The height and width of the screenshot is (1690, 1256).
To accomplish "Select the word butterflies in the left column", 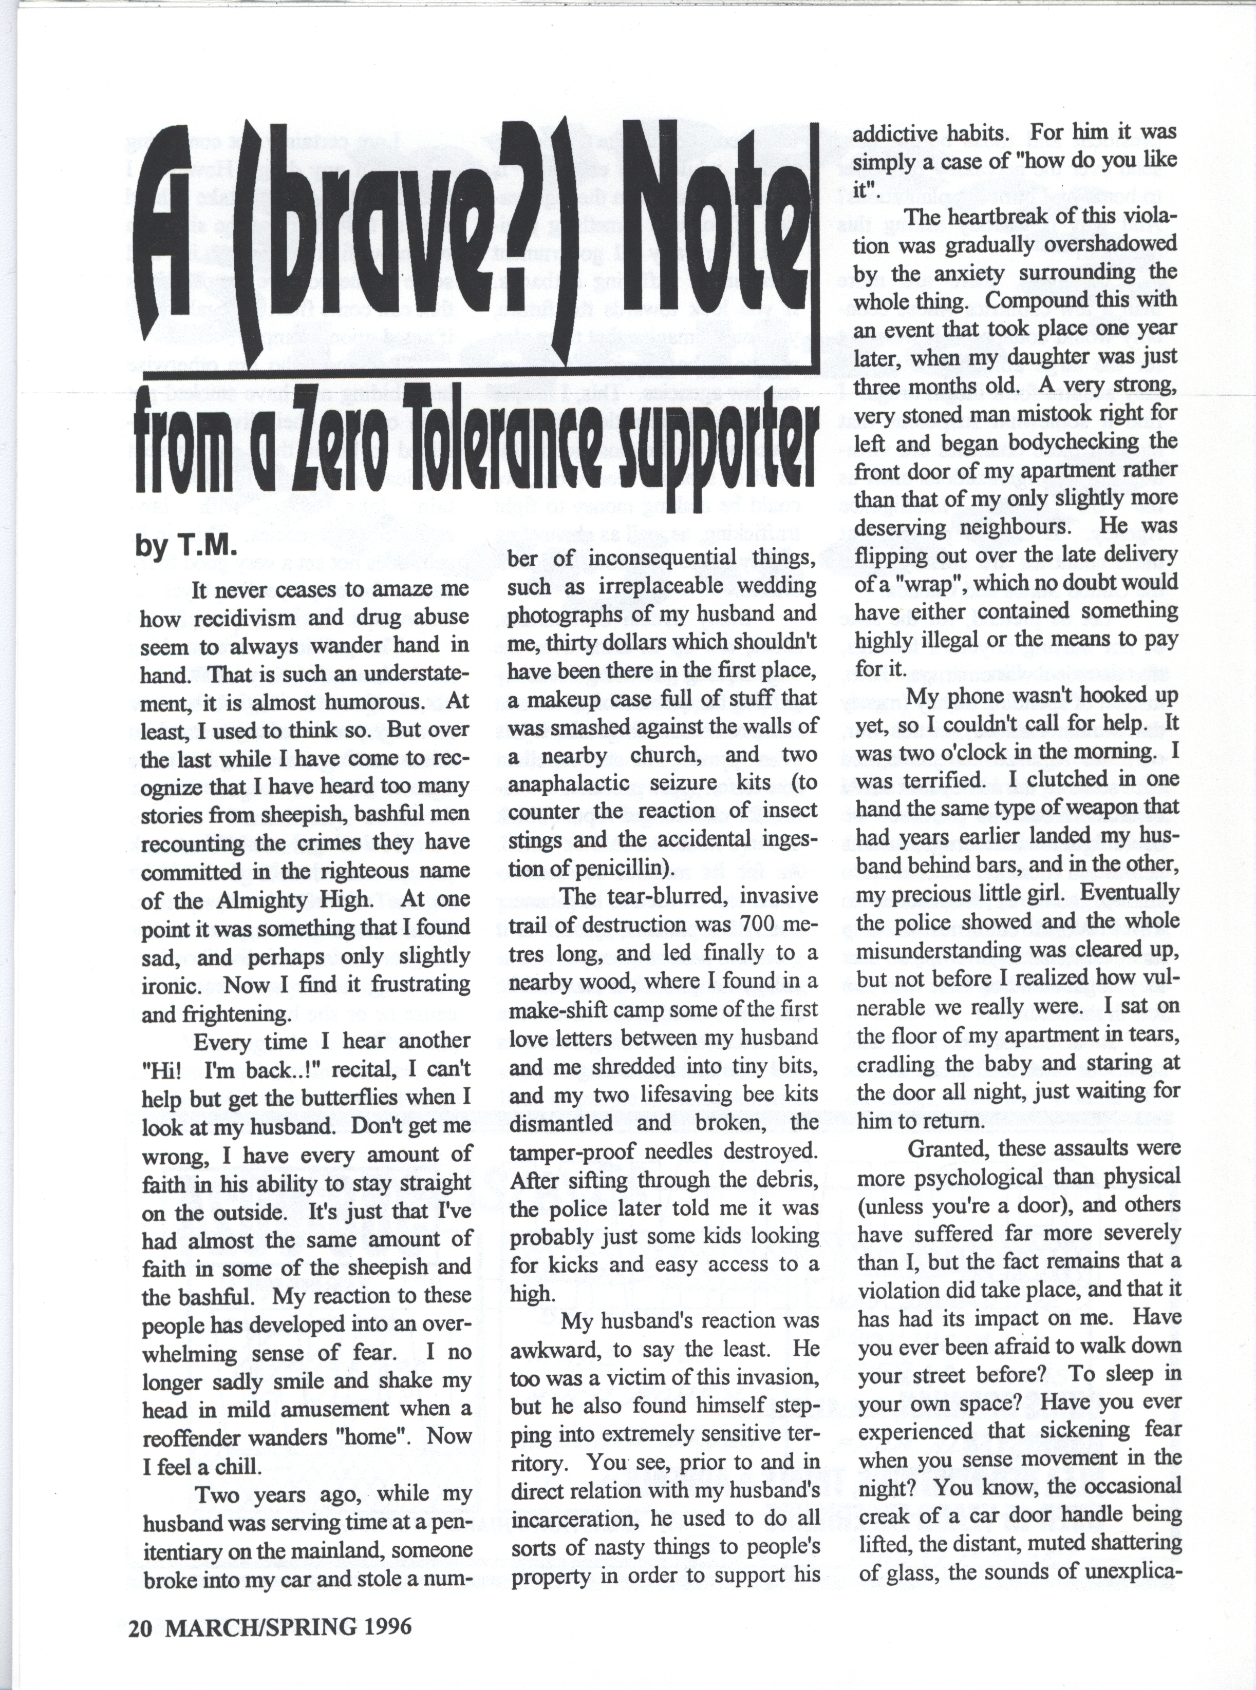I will tap(350, 1097).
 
